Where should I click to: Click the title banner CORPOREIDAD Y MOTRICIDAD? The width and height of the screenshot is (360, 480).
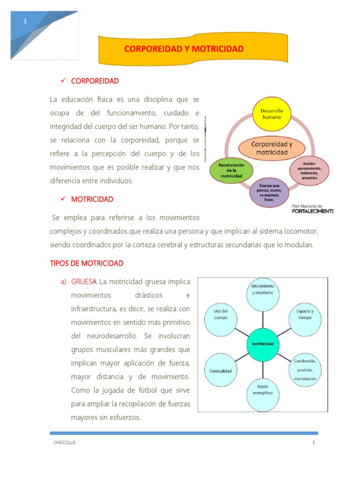tap(193, 49)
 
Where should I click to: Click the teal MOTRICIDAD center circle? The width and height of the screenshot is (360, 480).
tap(262, 344)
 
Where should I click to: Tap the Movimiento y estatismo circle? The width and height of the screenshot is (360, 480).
tap(262, 292)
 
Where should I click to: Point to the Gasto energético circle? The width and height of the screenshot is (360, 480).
tap(262, 390)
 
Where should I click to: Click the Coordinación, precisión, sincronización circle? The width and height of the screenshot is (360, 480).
tap(305, 369)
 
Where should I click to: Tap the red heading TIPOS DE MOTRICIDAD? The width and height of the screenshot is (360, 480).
tap(87, 263)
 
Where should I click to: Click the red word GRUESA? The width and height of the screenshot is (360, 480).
tap(84, 282)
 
